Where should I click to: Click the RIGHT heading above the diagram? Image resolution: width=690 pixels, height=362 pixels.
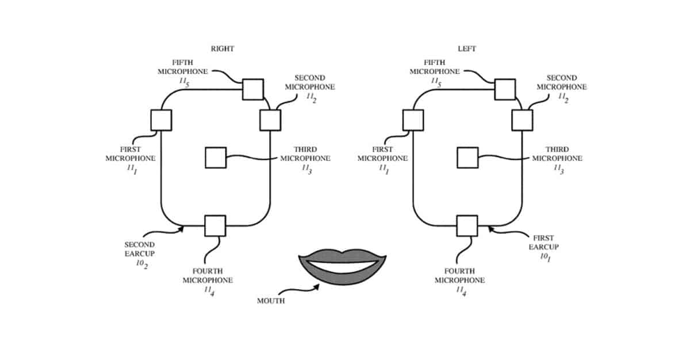coord(223,49)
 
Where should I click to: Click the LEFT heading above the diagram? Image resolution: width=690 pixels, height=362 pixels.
coord(467,49)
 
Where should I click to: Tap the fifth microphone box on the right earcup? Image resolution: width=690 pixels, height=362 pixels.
coord(252,89)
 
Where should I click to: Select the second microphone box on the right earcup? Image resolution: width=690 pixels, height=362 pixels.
coord(270,120)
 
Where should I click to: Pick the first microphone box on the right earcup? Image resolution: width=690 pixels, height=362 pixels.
coord(161,120)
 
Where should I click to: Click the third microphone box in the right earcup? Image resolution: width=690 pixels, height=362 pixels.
coord(216,157)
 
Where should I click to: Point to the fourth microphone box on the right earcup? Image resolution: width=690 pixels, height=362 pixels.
coord(216,226)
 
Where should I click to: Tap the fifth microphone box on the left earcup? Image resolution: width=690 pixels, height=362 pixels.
coord(505,89)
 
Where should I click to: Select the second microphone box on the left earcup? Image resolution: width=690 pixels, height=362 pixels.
coord(522,120)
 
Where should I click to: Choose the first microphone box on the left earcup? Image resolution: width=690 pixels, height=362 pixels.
coord(413,120)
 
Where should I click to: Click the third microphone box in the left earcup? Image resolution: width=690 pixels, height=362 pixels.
coord(467,157)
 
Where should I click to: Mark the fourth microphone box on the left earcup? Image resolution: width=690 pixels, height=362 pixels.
coord(467,226)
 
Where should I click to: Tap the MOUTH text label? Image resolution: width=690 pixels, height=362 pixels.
coord(271,301)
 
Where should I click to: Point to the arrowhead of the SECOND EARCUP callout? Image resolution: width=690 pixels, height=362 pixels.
coord(182,228)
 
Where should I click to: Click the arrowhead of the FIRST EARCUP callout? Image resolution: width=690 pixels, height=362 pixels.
coord(489,229)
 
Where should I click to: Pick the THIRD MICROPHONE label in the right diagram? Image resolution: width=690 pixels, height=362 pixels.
coord(305,154)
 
